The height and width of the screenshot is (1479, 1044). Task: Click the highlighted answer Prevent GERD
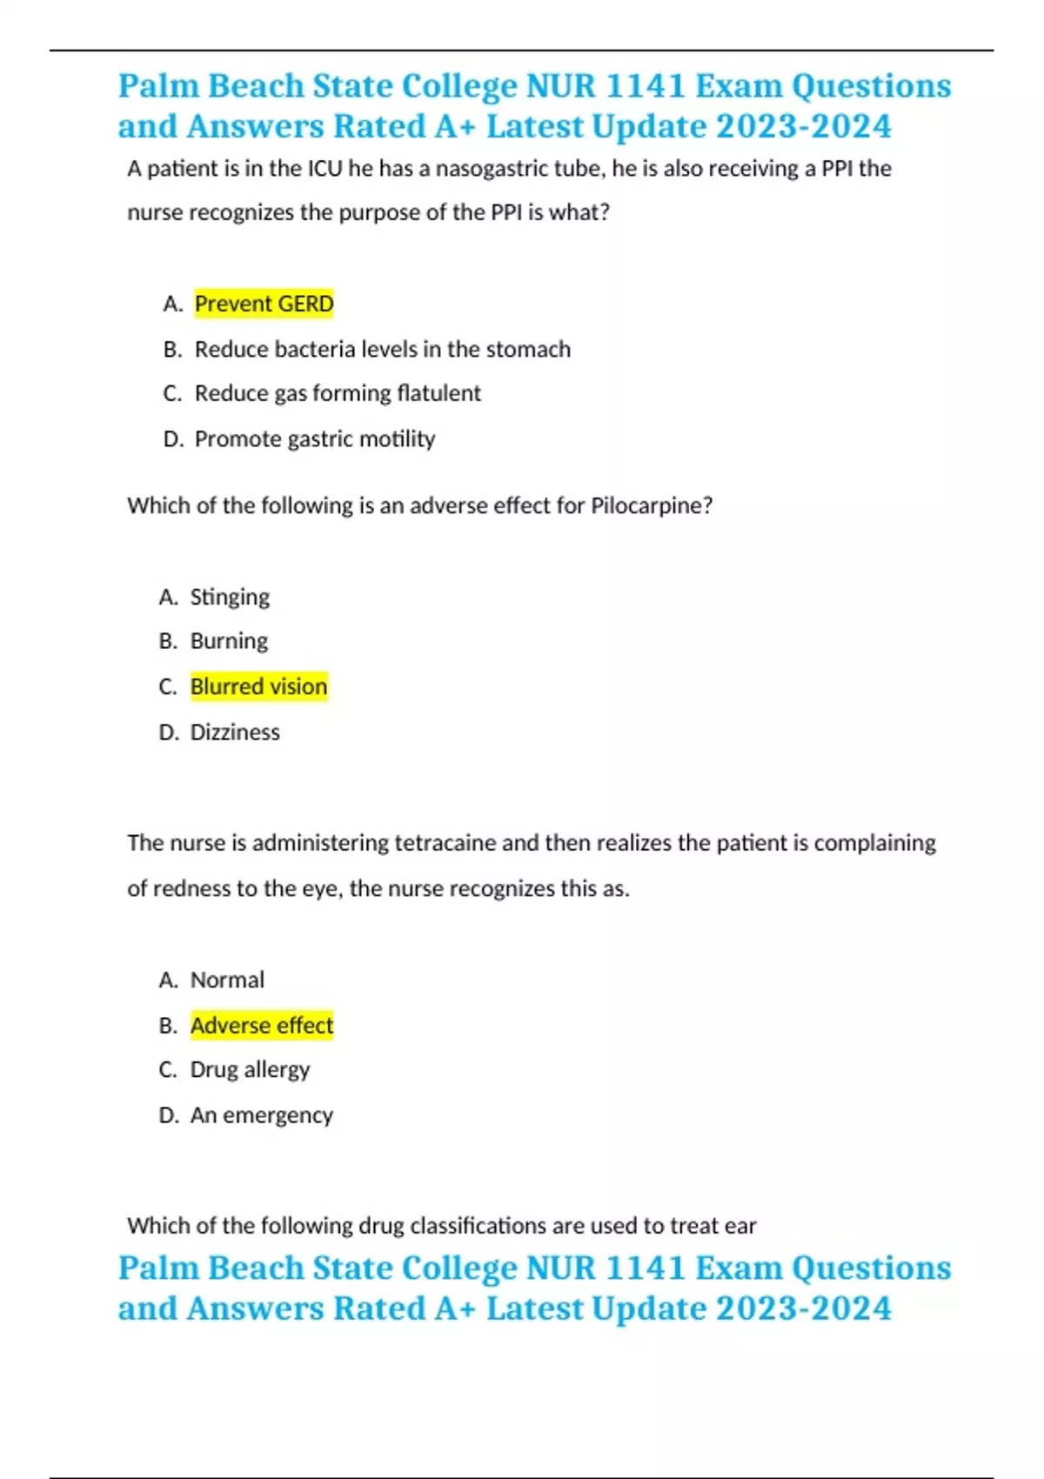264,304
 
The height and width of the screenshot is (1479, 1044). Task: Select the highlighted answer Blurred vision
258,686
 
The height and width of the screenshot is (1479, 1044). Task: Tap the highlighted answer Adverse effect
261,1025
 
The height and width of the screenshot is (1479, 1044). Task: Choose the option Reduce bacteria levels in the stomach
382,349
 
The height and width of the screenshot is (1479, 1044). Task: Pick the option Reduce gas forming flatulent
337,393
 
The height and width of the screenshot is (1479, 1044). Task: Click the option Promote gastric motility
314,438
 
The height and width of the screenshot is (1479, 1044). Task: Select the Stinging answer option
230,597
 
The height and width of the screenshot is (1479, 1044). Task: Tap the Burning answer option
229,641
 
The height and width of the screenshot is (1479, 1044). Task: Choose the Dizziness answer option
235,732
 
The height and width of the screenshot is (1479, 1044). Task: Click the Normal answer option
227,980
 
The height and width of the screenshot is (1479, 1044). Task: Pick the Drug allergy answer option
250,1069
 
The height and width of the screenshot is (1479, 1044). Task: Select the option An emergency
261,1114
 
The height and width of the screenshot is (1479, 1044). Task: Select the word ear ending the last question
739,1226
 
